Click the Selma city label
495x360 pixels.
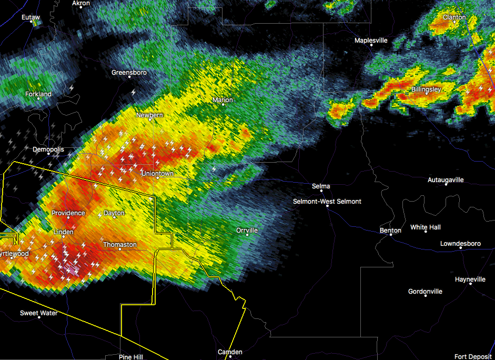pos(321,186)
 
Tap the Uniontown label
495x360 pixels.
pos(157,174)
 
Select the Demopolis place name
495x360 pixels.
pos(48,149)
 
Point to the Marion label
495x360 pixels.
pos(223,100)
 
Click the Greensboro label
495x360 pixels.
pos(129,73)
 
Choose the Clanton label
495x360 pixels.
pos(454,17)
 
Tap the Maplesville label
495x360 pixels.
pos(371,41)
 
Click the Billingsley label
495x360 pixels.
pos(426,89)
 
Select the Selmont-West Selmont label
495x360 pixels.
pos(327,202)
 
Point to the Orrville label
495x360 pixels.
pos(247,231)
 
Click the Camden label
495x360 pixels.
pos(230,352)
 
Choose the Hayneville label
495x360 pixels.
pos(470,279)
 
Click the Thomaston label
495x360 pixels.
pos(120,245)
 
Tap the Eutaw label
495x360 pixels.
pos(31,17)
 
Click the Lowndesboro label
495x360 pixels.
pos(460,244)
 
